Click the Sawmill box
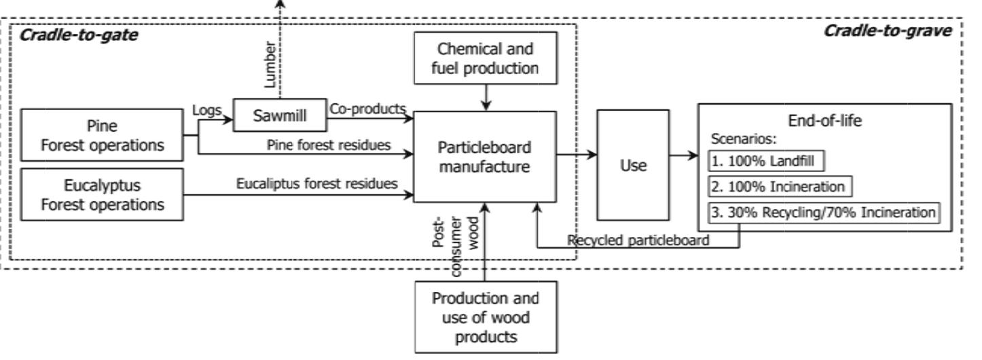(279, 115)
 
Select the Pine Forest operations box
(103, 136)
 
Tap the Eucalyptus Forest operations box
(103, 194)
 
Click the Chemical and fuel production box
(486, 58)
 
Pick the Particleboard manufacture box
(484, 156)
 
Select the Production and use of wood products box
(486, 317)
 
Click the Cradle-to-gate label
(79, 35)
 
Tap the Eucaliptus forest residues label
(316, 183)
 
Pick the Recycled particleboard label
(639, 240)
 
